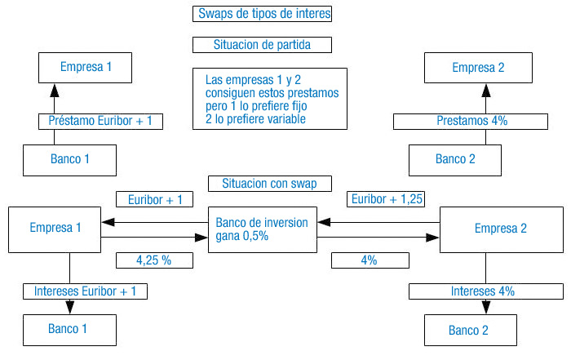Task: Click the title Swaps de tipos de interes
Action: coord(263,14)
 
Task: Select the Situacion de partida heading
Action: coord(263,44)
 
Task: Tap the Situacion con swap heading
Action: coord(263,183)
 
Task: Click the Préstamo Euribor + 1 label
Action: coord(100,121)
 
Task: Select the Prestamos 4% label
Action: coord(471,121)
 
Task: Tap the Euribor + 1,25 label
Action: coord(387,199)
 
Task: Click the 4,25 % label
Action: coord(154,260)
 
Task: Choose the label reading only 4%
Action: coord(369,260)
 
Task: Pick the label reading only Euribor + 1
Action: coord(155,199)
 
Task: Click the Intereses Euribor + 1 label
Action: coord(85,291)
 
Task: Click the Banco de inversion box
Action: coord(263,229)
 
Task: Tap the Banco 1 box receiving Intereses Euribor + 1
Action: coord(69,329)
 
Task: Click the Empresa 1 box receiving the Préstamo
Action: coord(86,67)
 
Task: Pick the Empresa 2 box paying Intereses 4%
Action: coord(501,229)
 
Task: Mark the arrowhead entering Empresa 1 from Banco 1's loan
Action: coord(55,89)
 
